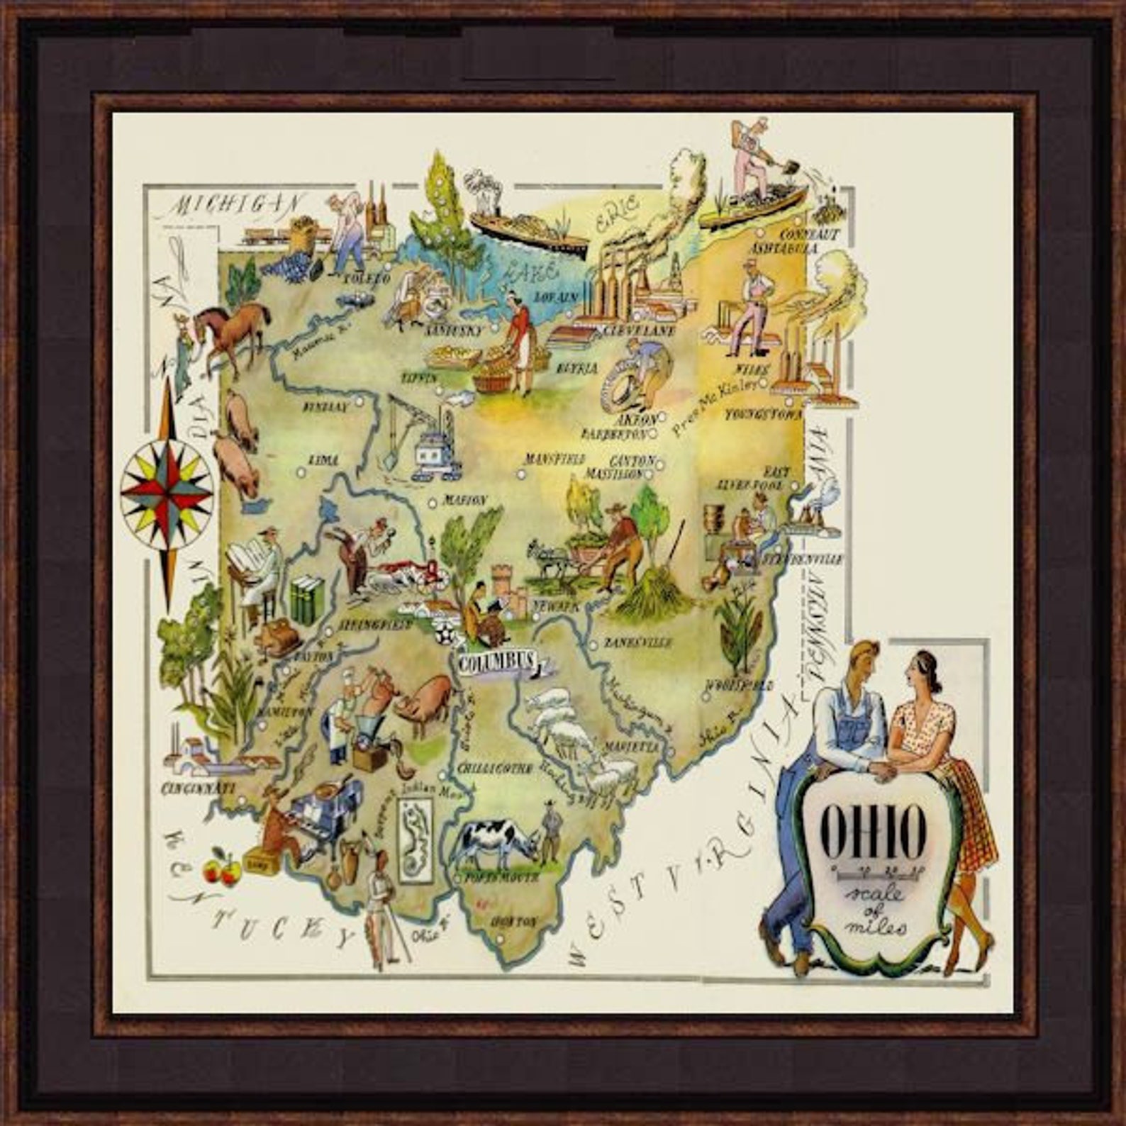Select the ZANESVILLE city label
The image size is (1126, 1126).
click(637, 643)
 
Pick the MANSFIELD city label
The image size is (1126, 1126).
click(554, 459)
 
